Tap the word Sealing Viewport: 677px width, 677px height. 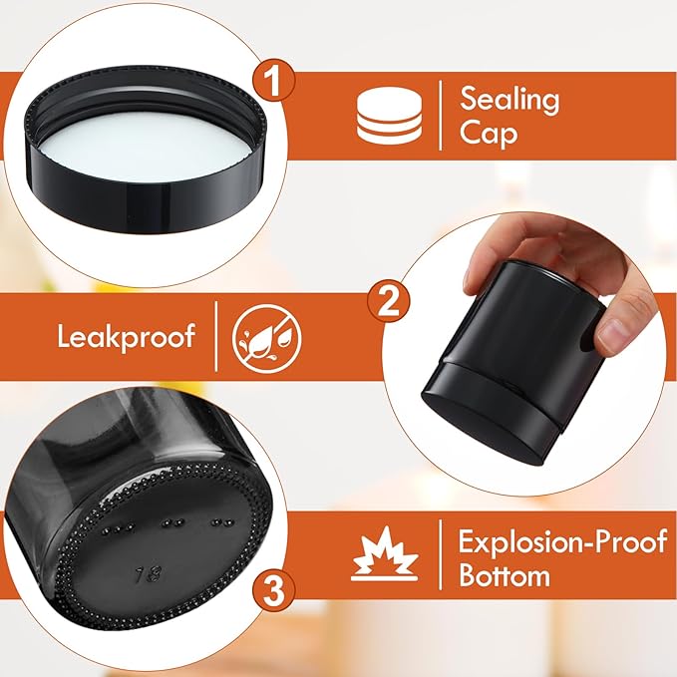pos(509,99)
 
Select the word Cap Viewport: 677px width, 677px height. pos(488,134)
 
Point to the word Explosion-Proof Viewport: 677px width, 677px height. pos(561,542)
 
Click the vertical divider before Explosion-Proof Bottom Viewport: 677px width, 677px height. pos(440,558)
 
